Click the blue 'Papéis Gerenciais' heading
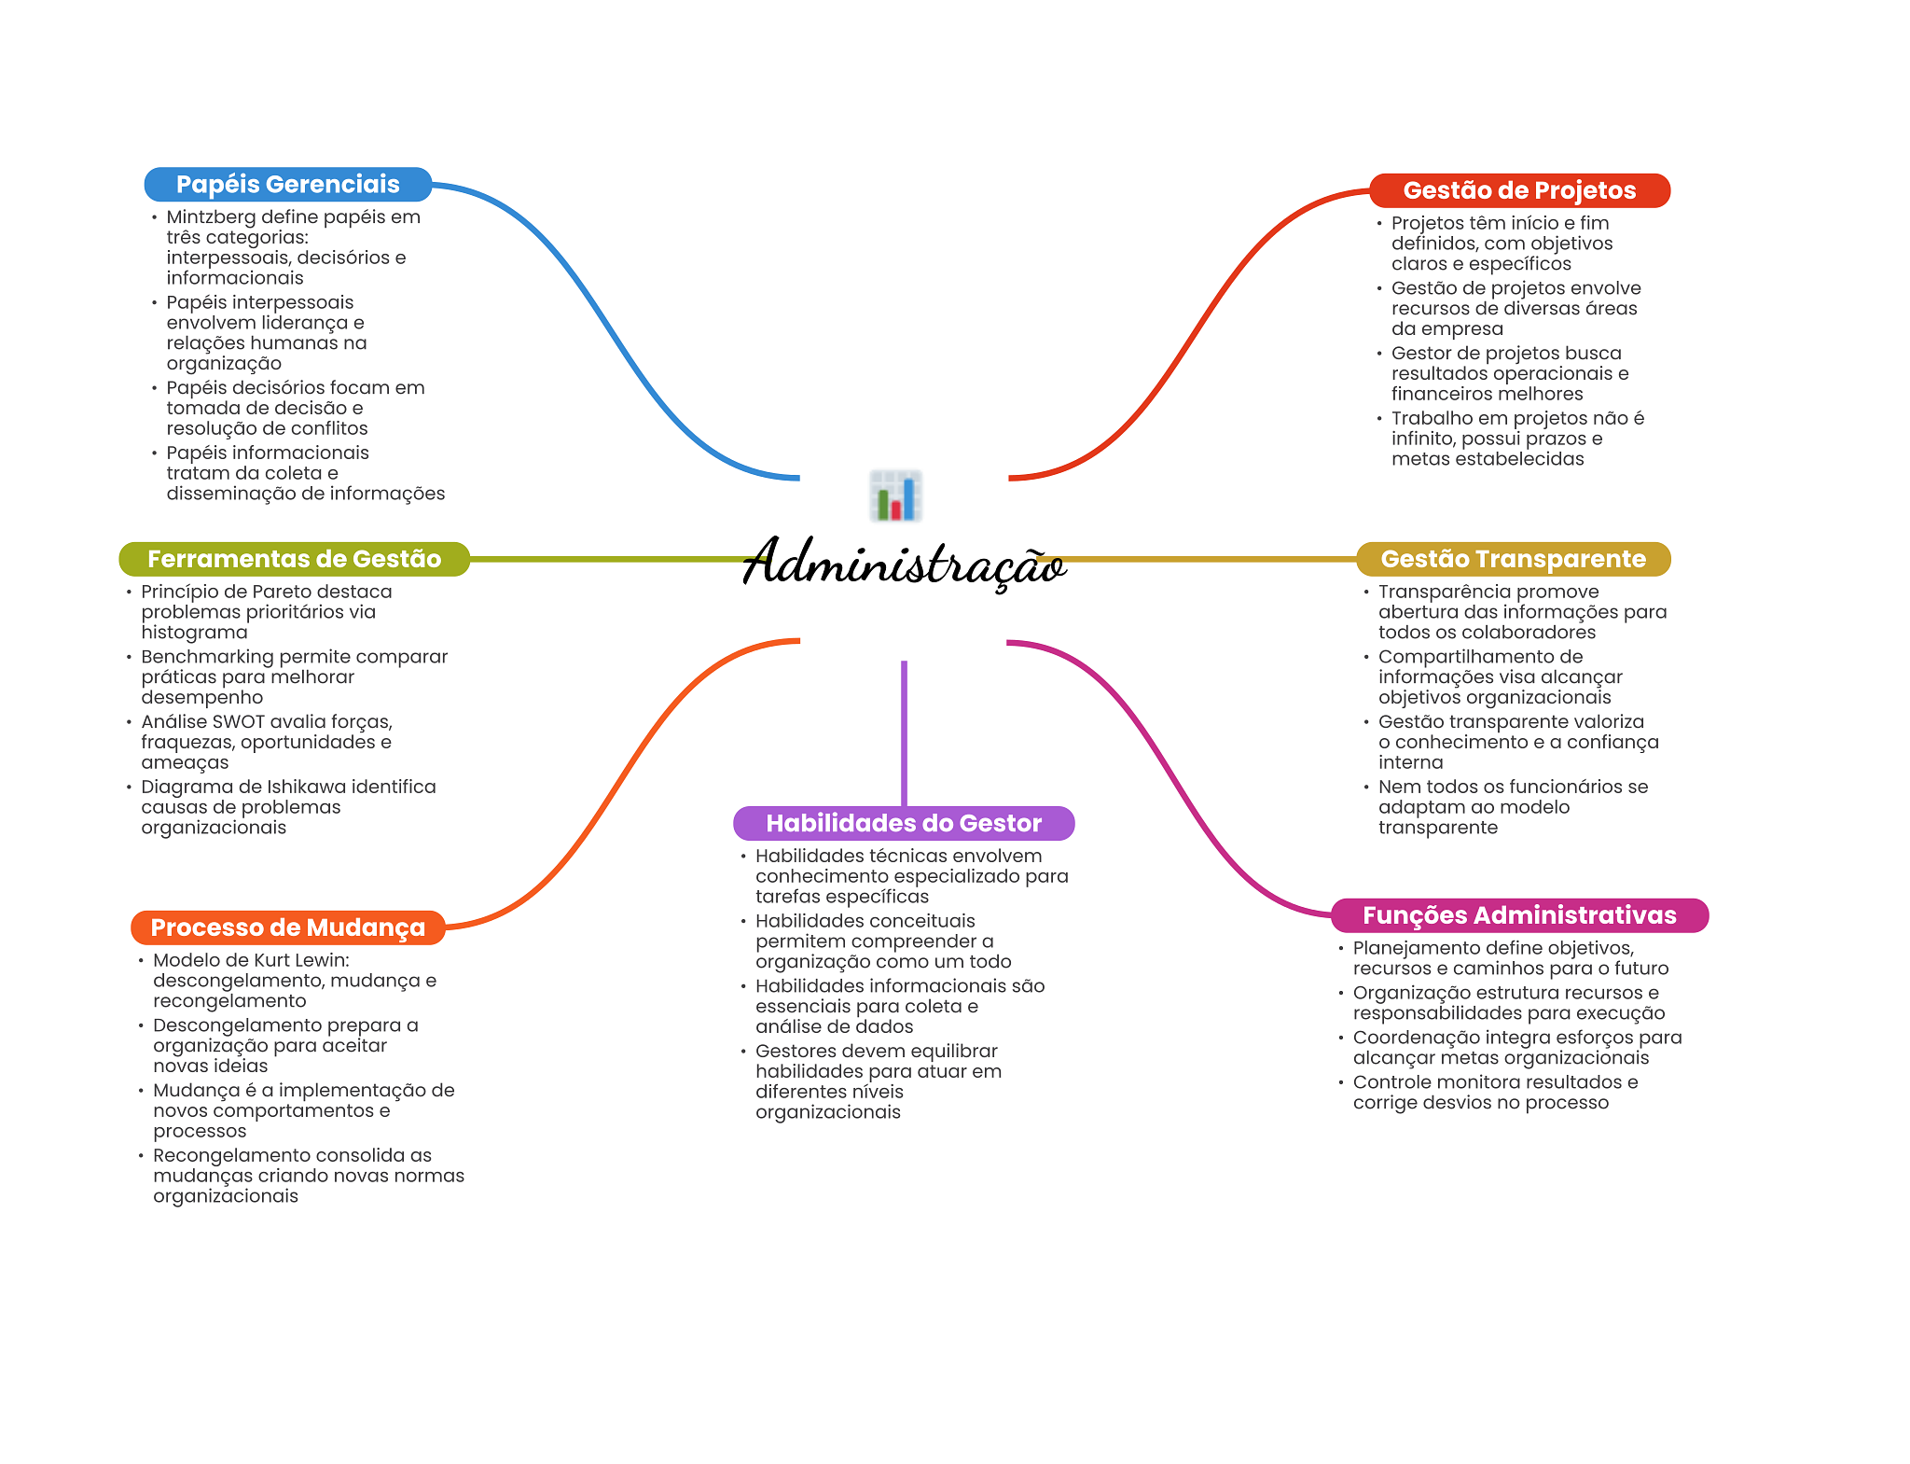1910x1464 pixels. pos(287,185)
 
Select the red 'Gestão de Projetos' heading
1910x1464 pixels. pos(1518,190)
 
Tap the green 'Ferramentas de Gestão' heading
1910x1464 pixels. pos(294,559)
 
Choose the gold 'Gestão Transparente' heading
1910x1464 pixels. pos(1513,559)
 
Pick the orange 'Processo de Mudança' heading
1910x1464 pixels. pos(287,927)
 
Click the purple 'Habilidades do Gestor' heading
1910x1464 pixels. pos(903,823)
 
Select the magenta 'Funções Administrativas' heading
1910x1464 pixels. pos(1518,915)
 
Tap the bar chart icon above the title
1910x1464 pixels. pos(895,495)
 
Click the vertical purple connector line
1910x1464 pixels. pos(904,732)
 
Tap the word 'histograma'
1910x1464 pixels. pos(194,633)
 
